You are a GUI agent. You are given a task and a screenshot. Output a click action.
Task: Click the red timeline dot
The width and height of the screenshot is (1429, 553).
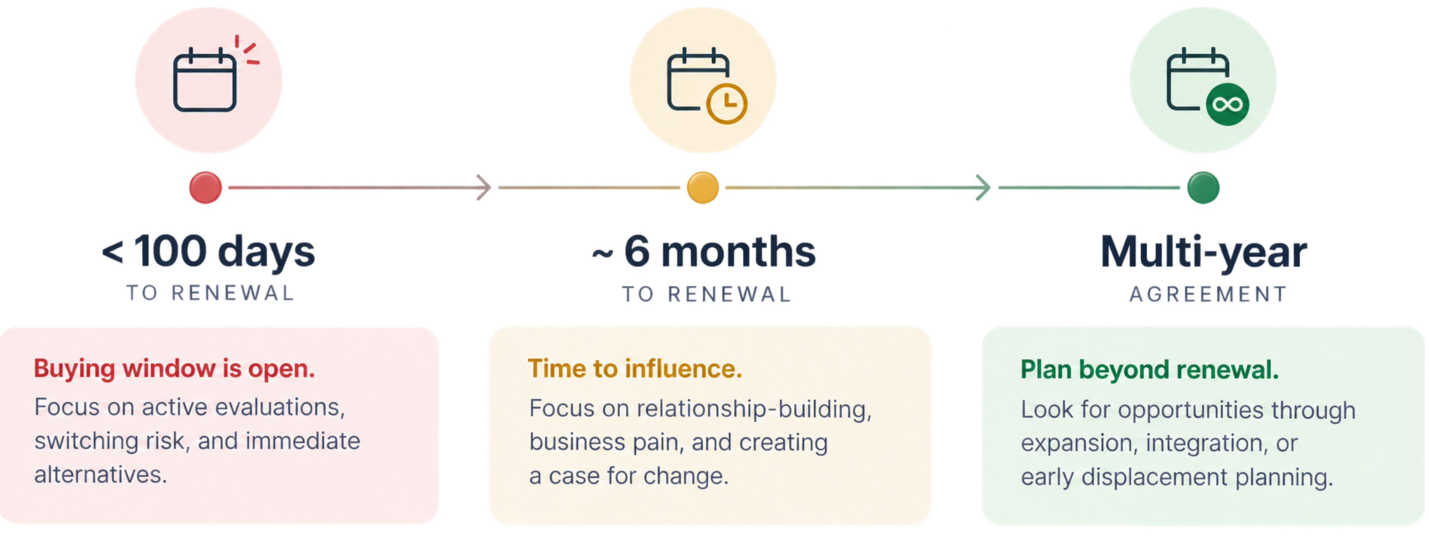tap(205, 188)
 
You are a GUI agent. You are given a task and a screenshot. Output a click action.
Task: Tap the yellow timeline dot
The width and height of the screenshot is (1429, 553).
tap(703, 188)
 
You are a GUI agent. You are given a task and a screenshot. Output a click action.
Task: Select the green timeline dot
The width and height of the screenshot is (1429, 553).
tap(1203, 188)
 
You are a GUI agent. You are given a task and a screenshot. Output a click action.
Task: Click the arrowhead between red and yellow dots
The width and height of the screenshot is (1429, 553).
tap(484, 188)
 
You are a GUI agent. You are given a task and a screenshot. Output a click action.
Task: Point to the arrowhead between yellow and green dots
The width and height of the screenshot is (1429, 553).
tap(983, 188)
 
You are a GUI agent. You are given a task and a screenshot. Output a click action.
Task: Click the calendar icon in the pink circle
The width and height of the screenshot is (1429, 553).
tap(205, 80)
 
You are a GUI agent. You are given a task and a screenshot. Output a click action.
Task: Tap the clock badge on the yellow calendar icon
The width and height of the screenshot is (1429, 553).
tap(727, 104)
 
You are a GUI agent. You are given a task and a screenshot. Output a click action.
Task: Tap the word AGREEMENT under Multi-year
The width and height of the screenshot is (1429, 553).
tap(1208, 294)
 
